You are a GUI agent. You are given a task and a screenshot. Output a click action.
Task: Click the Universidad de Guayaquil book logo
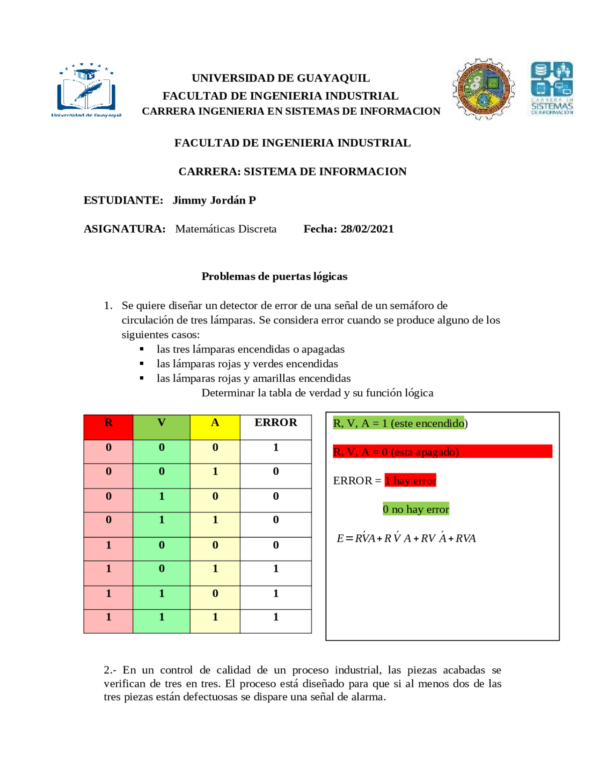86,90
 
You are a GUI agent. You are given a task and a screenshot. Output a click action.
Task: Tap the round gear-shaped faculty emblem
483,89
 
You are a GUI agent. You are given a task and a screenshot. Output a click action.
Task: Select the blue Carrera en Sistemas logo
552,88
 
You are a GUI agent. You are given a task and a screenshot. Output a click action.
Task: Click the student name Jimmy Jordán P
214,200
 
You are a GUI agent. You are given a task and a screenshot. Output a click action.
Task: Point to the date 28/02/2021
367,229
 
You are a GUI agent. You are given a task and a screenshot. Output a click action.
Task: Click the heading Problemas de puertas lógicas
274,276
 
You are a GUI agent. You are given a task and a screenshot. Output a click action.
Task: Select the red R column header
108,423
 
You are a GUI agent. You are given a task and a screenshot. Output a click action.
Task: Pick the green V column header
161,423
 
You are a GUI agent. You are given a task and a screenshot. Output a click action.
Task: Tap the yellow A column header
215,423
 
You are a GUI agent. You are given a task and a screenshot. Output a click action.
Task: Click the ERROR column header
276,423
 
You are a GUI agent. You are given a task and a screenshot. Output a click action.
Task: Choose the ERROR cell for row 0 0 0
276,447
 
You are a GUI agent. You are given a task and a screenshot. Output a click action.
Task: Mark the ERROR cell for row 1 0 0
276,545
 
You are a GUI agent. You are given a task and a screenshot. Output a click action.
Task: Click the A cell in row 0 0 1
215,471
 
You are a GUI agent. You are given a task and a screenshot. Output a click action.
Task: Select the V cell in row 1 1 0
161,593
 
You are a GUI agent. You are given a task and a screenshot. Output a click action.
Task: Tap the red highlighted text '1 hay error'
410,481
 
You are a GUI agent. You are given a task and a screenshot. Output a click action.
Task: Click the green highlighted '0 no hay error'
416,509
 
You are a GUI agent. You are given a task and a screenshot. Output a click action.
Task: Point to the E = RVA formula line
406,538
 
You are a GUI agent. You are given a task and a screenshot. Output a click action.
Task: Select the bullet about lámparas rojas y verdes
247,364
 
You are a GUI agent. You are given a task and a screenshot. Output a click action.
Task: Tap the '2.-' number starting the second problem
110,670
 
